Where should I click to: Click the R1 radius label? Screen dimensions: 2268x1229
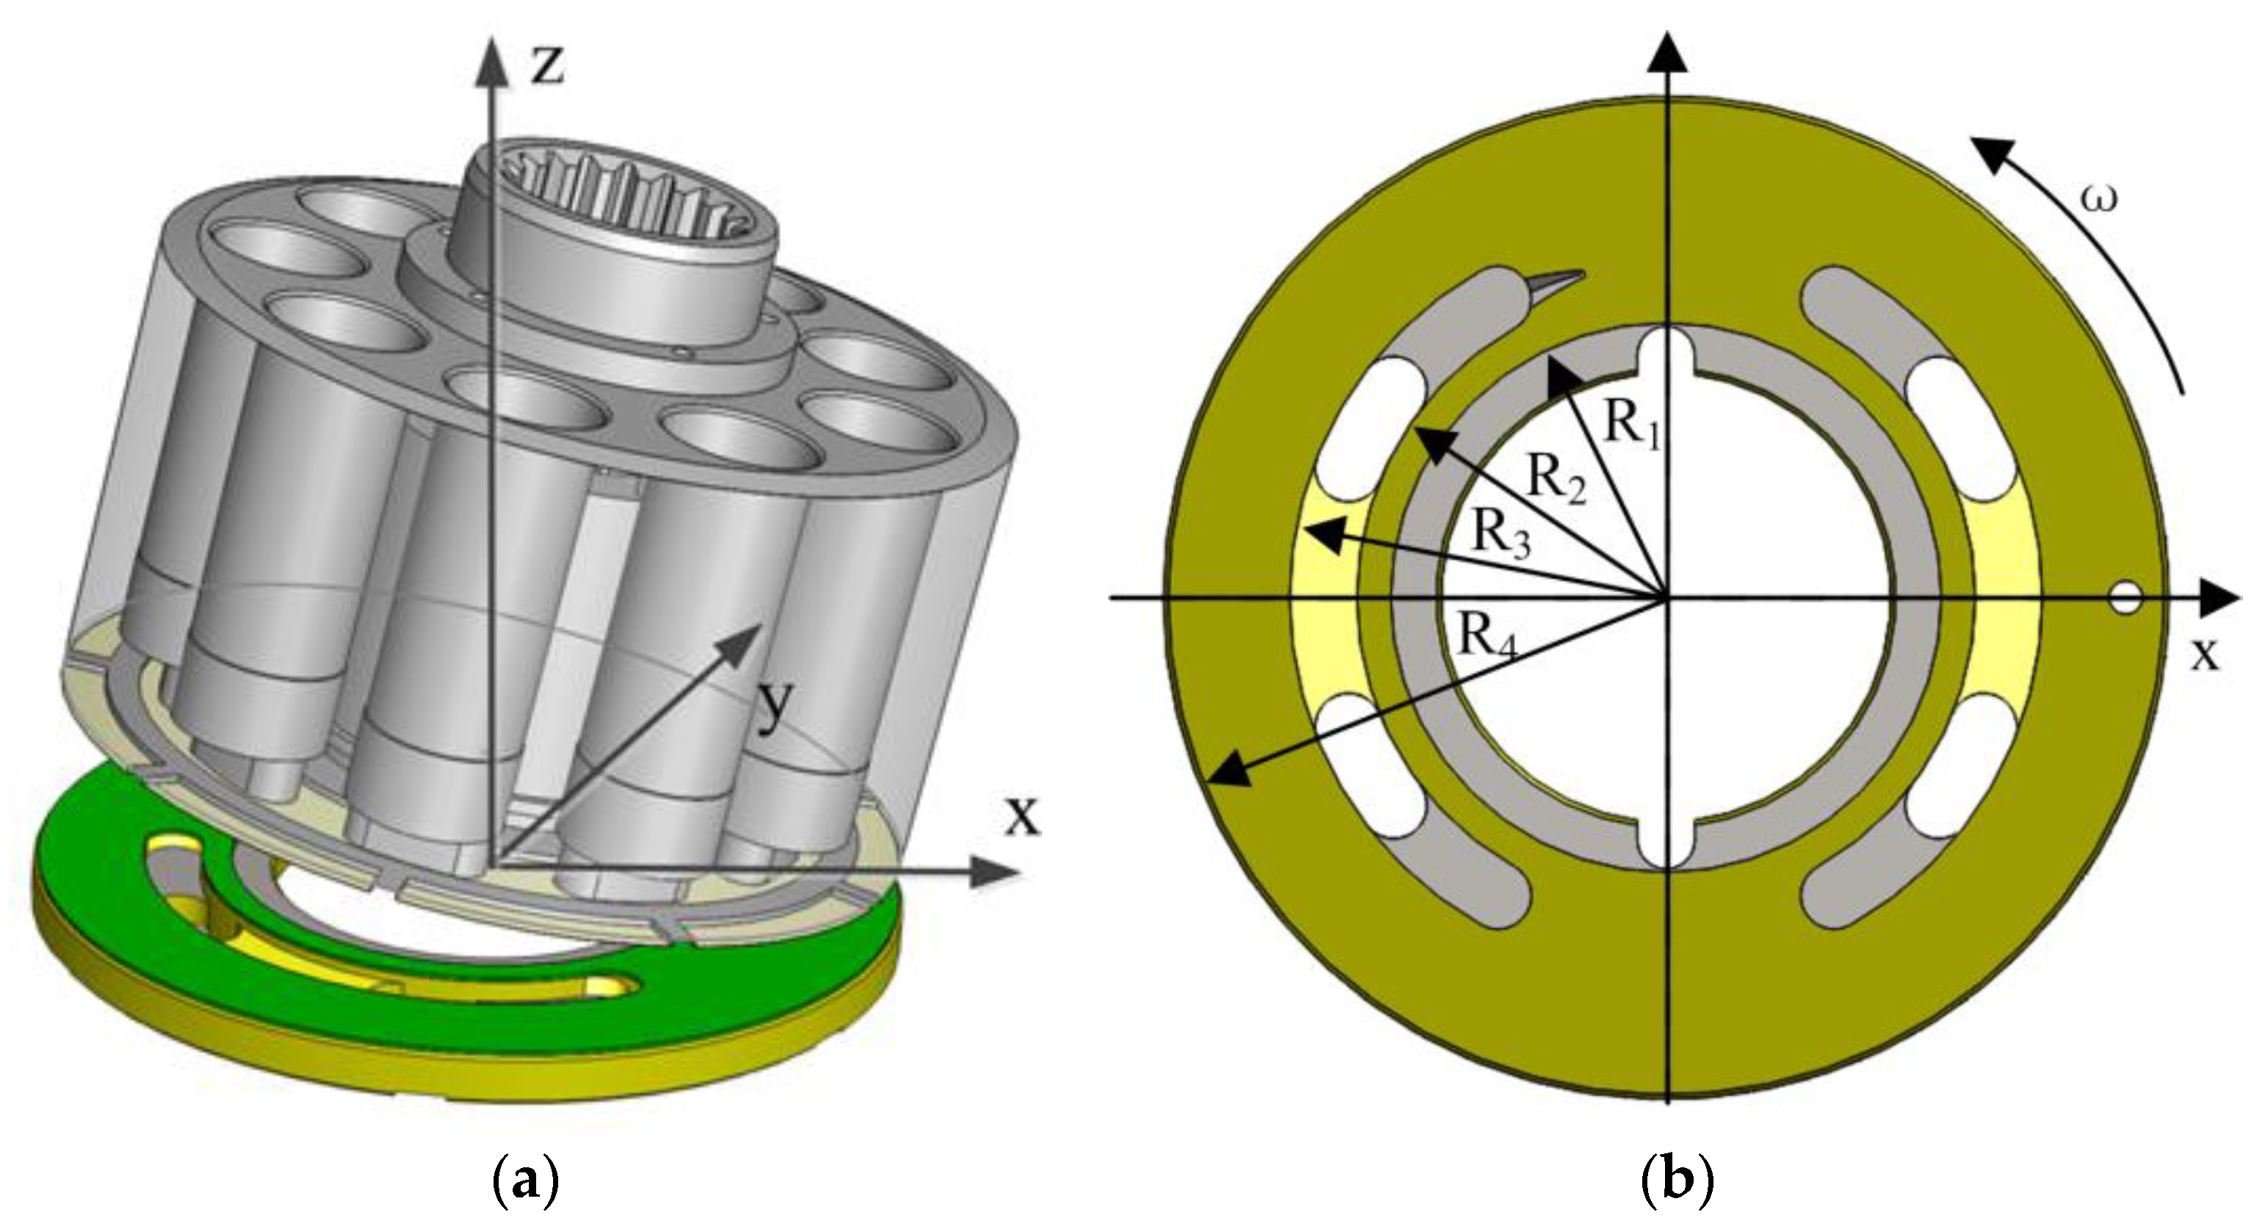tap(1633, 426)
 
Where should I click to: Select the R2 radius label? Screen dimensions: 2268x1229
tap(1556, 480)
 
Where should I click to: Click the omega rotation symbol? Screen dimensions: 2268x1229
tap(2098, 200)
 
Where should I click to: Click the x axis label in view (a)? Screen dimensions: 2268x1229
tap(1022, 815)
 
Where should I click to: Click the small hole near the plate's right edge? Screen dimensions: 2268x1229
tap(2125, 599)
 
